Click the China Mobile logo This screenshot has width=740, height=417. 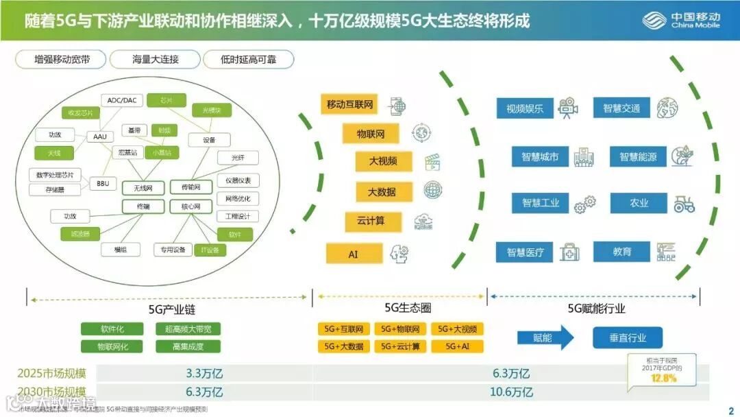(681, 20)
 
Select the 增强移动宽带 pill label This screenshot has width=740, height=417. (62, 60)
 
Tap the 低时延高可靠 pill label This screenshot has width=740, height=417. (248, 60)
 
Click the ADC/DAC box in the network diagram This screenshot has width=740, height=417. (122, 100)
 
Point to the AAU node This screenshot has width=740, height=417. (100, 136)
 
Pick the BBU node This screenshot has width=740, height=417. (103, 184)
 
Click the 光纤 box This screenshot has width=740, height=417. (238, 158)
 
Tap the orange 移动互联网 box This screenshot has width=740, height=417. (349, 105)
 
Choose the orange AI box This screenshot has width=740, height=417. (354, 254)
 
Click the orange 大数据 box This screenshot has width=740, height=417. (382, 192)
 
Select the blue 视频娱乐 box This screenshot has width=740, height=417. (525, 108)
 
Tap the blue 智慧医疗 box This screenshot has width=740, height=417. (525, 252)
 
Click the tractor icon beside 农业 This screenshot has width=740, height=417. (683, 203)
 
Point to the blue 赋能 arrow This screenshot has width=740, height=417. (545, 337)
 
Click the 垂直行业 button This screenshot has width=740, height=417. (628, 337)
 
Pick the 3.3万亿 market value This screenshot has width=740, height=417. (204, 374)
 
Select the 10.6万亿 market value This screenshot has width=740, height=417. (511, 392)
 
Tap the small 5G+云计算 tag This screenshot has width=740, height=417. (401, 346)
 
